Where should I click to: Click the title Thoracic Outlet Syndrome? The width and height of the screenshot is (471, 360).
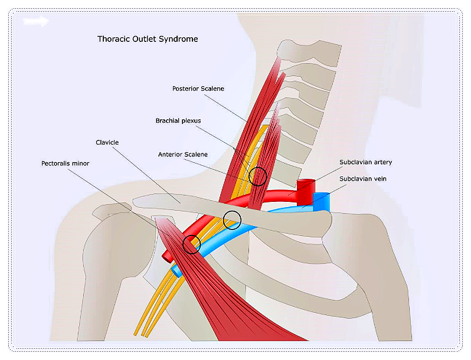point(148,40)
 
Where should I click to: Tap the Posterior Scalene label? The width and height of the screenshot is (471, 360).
point(198,89)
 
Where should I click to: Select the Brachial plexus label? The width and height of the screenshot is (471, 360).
point(178,121)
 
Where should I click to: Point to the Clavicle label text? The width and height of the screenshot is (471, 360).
point(107,143)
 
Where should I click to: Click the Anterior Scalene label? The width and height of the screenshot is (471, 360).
point(183,155)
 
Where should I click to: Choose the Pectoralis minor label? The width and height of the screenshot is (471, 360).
point(65,163)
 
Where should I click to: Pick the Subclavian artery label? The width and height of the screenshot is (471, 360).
point(365,162)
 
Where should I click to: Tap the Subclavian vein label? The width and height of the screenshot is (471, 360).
point(363,178)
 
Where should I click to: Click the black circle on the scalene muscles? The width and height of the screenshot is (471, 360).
point(257,176)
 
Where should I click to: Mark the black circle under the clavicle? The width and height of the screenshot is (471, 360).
point(233,220)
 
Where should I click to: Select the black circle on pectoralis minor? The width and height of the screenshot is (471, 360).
point(192,243)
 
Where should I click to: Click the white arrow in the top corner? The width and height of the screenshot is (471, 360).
point(36,22)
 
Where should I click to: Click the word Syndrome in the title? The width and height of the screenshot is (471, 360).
point(180,40)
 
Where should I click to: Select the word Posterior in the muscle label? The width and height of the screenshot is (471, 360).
point(186,89)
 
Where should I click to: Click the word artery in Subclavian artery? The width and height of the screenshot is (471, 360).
point(382,162)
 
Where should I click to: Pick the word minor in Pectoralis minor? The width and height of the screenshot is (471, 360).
point(80,163)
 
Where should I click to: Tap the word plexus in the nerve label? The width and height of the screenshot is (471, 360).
point(191,121)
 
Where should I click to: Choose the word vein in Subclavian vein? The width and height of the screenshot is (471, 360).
point(379,178)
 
